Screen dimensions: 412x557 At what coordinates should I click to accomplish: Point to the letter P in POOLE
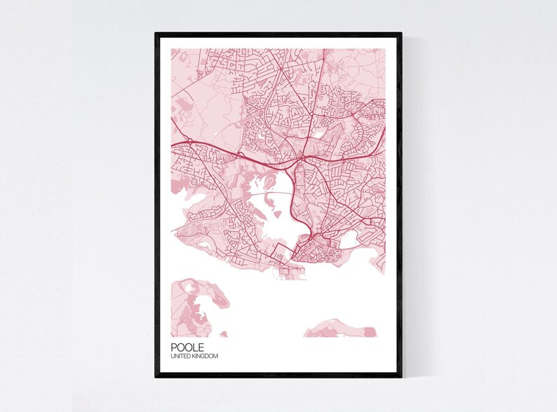[173, 347]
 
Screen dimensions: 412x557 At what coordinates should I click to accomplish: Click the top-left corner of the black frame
[156, 33]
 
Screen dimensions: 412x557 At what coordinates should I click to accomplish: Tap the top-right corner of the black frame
[401, 33]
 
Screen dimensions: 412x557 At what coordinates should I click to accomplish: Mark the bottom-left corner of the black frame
[156, 376]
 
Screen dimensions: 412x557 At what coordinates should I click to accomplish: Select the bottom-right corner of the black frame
[401, 376]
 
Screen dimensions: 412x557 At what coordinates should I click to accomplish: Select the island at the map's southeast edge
[344, 328]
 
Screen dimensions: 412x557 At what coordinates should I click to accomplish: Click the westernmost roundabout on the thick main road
[189, 142]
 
